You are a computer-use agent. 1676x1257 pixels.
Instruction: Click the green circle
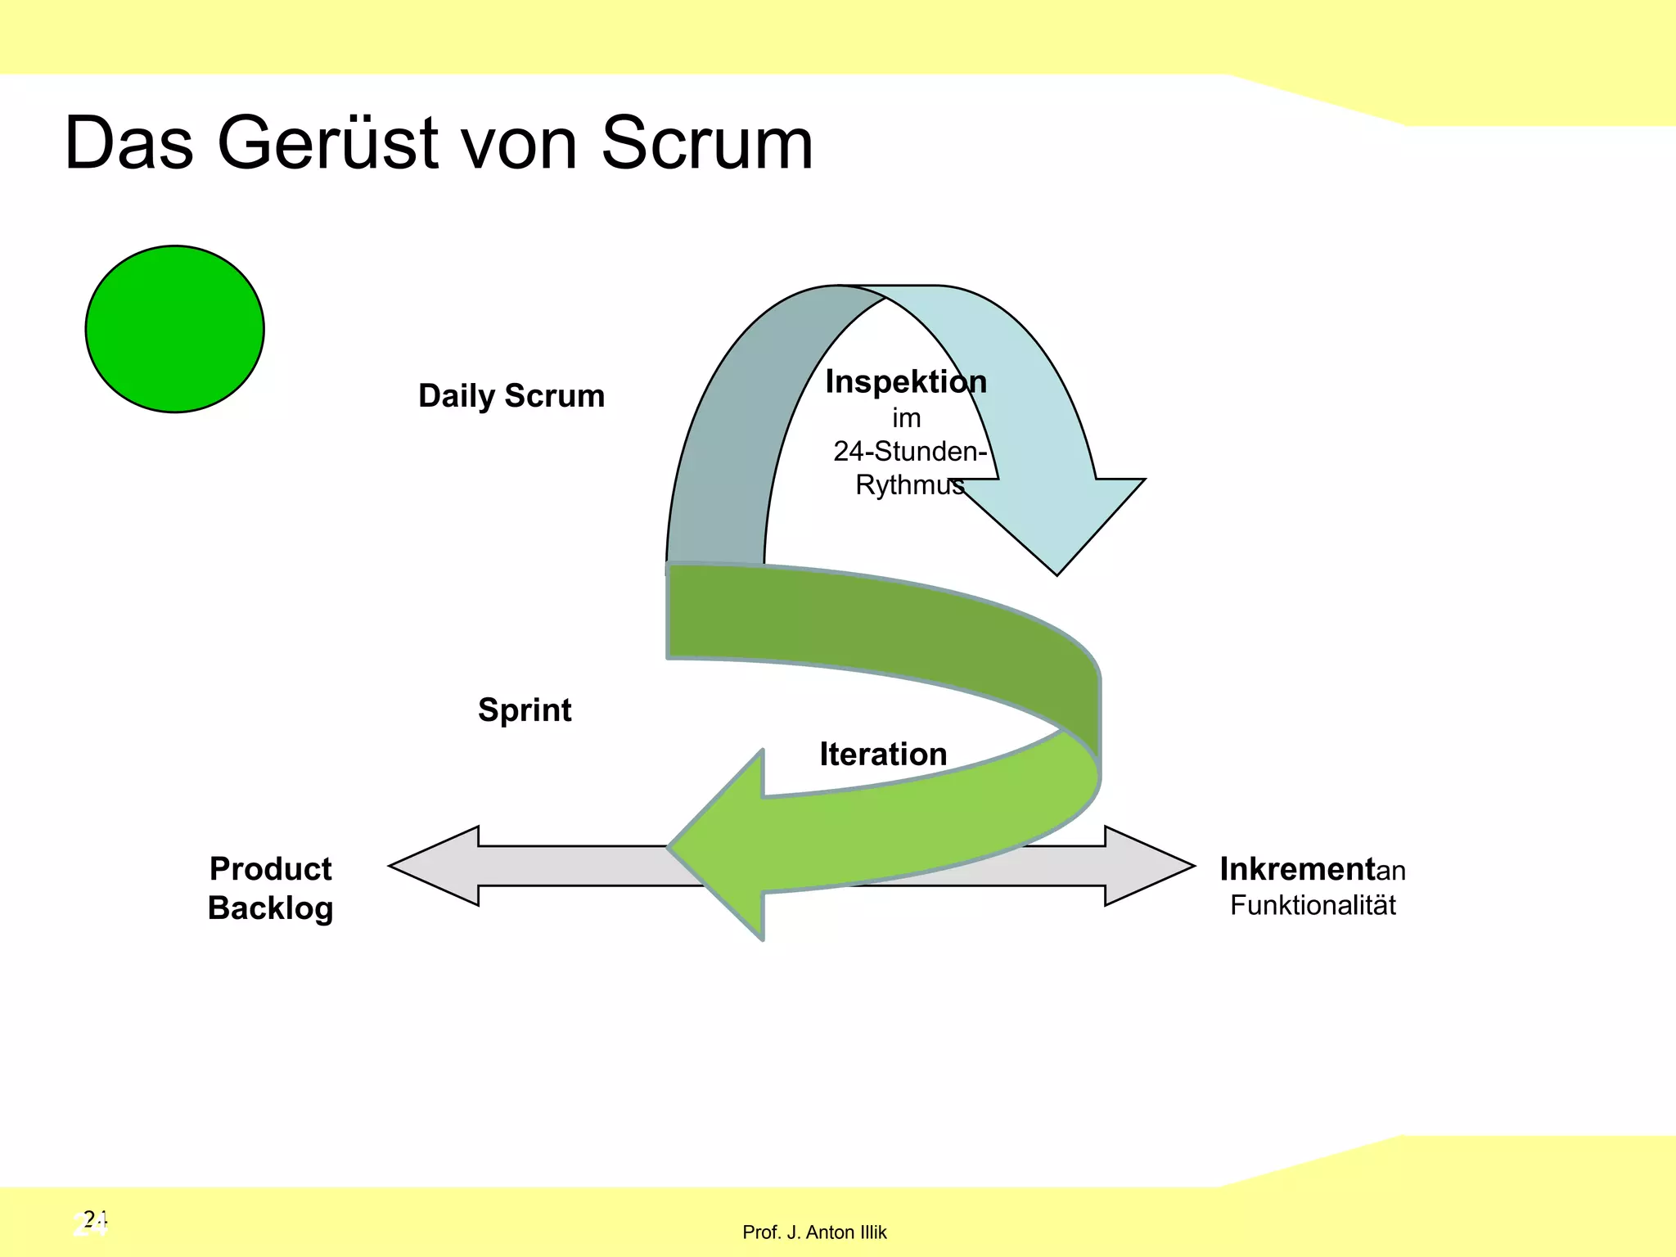point(174,328)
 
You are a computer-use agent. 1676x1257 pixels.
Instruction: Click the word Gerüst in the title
point(328,143)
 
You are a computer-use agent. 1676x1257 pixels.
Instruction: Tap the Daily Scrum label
point(511,396)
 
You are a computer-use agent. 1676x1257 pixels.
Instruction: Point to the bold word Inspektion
point(905,382)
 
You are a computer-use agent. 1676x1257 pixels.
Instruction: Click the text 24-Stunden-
point(909,451)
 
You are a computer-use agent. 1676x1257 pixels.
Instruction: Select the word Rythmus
point(909,485)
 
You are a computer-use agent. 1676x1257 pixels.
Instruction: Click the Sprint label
point(525,710)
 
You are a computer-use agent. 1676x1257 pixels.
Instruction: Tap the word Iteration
point(883,754)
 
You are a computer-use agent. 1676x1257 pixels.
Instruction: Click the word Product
point(270,868)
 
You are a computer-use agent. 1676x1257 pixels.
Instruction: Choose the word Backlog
point(270,908)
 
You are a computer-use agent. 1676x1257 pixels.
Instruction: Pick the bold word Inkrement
point(1296,869)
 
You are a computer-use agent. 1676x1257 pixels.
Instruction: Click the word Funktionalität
point(1313,905)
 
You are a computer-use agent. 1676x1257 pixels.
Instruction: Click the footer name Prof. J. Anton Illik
point(813,1232)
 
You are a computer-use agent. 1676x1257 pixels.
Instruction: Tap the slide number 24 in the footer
point(92,1223)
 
